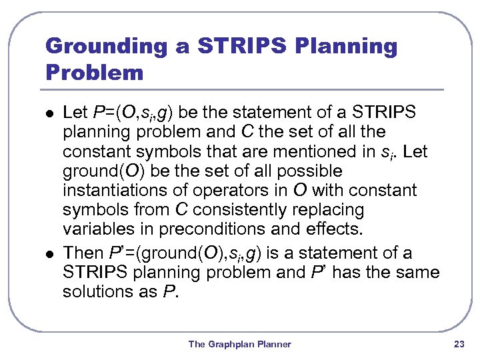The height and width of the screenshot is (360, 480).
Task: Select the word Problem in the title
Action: [94, 73]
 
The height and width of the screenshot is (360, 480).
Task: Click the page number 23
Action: [458, 344]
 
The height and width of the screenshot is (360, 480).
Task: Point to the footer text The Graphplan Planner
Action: [239, 344]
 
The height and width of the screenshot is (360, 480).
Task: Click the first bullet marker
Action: [47, 114]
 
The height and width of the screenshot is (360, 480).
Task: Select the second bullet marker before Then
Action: [47, 254]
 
